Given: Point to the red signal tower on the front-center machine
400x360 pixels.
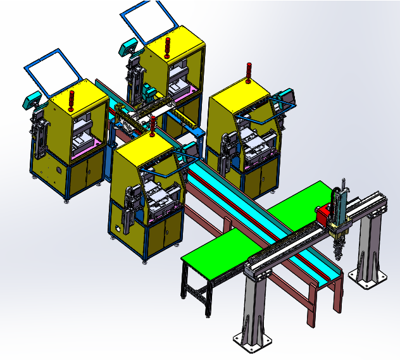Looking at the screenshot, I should point(154,125).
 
